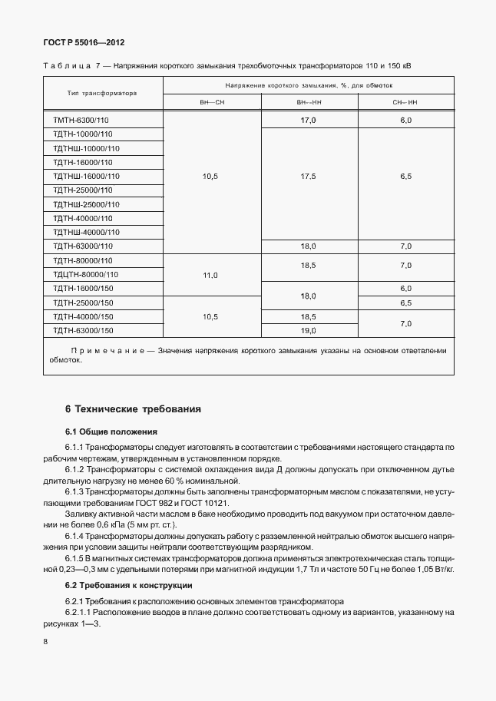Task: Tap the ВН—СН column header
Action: coord(211,101)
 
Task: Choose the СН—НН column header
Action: coord(405,101)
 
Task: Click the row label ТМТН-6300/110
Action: coord(81,121)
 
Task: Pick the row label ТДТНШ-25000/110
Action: coord(86,204)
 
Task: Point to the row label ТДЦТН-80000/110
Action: coord(86,273)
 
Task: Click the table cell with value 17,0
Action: coord(309,121)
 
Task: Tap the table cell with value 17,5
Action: coord(309,177)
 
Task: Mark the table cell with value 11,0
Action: coord(211,274)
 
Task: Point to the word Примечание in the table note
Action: coord(107,350)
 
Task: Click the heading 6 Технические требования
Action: coord(133,409)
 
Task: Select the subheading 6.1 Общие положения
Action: coord(111,432)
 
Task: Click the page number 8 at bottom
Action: coord(46,640)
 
